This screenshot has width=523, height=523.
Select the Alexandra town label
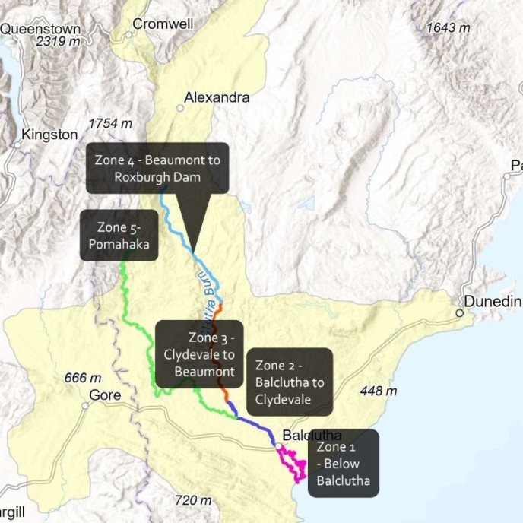(217, 98)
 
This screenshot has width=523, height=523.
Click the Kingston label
(50, 135)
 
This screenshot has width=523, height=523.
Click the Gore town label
(105, 395)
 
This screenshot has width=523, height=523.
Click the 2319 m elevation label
(58, 43)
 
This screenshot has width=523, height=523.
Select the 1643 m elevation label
(448, 28)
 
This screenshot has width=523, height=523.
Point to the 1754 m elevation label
(110, 123)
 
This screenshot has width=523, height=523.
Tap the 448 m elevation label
(379, 391)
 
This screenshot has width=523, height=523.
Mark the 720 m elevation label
(192, 500)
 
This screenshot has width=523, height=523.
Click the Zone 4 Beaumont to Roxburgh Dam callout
(157, 168)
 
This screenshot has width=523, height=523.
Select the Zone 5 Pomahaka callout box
(119, 236)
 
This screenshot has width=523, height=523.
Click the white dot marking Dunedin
(460, 312)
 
